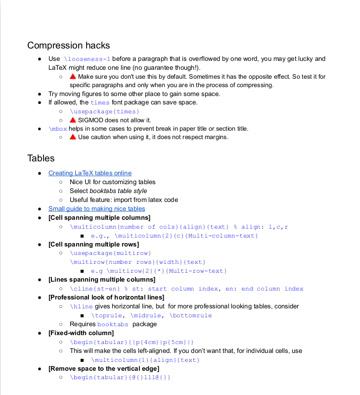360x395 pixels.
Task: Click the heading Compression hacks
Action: coord(68,46)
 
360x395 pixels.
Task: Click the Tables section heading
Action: coord(41,158)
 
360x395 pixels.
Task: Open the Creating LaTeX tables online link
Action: coord(90,173)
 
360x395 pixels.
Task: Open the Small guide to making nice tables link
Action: coord(96,208)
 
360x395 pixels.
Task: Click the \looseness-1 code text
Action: coord(87,59)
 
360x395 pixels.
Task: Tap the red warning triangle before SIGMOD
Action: coord(73,120)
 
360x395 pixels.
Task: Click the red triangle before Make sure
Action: coord(73,77)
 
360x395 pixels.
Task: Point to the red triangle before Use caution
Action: coord(73,137)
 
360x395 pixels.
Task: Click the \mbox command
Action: coord(57,129)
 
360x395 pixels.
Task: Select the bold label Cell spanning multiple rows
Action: coord(93,244)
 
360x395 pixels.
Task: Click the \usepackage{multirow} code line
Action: coord(110,253)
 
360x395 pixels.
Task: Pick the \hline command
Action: coord(81,306)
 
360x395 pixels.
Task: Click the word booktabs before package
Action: coord(112,324)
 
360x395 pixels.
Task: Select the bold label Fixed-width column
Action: coord(81,333)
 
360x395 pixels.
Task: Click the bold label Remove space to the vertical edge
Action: coord(104,368)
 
